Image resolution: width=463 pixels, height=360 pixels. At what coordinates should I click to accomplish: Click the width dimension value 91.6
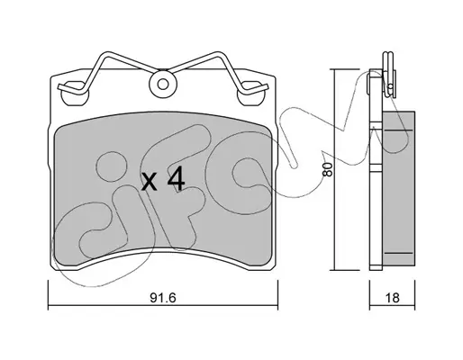click(162, 298)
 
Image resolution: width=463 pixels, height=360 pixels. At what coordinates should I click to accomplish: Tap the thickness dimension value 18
click(392, 298)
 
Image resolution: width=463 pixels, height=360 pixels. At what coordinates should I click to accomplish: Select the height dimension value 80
click(327, 169)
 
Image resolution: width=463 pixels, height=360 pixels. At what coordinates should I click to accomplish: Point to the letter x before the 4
click(150, 182)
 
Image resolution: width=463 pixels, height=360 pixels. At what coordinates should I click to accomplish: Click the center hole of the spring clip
click(163, 85)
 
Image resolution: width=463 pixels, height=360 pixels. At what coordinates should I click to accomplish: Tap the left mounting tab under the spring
click(75, 94)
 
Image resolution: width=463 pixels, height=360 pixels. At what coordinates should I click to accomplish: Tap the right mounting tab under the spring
click(250, 94)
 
